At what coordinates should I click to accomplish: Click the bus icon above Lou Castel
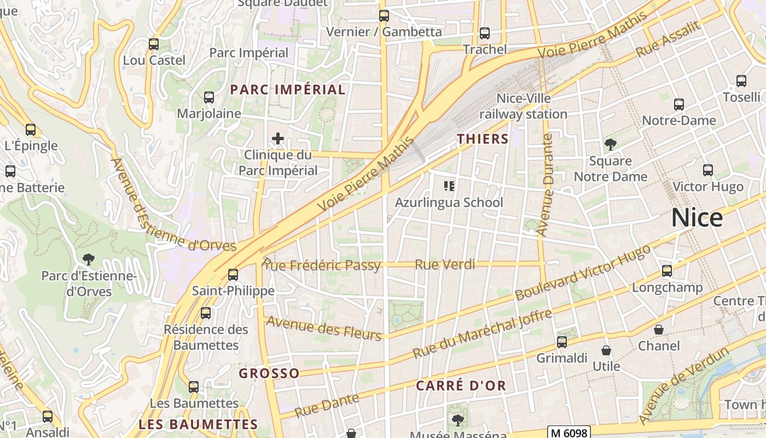(154, 44)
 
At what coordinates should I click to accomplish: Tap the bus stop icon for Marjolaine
(209, 97)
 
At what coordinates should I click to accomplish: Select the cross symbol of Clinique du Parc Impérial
(278, 139)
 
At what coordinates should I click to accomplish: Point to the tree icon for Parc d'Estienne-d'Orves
(88, 260)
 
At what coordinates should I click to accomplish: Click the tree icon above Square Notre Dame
(610, 145)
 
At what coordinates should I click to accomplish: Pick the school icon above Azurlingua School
(449, 186)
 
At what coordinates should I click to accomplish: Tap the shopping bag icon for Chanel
(659, 330)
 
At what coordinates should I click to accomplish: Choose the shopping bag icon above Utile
(606, 350)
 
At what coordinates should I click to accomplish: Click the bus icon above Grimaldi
(562, 342)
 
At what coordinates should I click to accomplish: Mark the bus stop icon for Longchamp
(667, 271)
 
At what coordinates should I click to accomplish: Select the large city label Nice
(697, 218)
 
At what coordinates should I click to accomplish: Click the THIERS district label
(483, 139)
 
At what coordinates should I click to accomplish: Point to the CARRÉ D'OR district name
(461, 385)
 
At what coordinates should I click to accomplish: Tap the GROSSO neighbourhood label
(269, 373)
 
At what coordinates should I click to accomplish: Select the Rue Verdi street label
(444, 265)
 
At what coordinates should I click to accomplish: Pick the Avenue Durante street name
(545, 185)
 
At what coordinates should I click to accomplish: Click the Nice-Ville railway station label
(524, 106)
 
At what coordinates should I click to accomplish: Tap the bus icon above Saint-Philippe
(233, 274)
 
